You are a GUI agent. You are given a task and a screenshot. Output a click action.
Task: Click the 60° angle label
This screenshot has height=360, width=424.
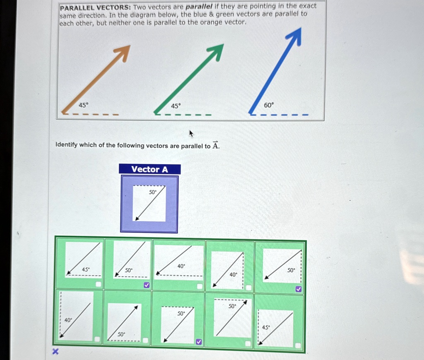[269, 105]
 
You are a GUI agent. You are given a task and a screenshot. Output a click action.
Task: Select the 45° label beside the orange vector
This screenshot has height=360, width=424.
[83, 105]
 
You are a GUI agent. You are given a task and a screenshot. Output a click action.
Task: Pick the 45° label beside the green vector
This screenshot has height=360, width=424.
[176, 106]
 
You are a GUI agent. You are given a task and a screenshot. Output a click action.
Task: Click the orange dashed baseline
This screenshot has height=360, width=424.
[90, 114]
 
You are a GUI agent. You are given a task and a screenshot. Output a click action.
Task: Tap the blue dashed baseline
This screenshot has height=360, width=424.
[279, 115]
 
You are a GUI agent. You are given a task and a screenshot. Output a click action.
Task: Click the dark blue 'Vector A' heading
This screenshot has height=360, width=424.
[149, 169]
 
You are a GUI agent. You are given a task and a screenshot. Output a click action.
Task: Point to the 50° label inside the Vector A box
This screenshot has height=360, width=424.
[153, 192]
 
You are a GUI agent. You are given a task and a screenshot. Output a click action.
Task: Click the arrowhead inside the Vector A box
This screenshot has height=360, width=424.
[137, 218]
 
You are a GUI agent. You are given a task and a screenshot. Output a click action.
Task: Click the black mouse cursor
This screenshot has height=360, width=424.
[191, 134]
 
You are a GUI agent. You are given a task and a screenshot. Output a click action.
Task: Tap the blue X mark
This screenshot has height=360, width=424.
[55, 351]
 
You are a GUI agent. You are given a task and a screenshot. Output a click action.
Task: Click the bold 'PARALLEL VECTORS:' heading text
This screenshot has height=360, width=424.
[96, 8]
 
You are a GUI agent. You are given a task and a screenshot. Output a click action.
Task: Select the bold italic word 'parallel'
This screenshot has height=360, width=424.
[199, 7]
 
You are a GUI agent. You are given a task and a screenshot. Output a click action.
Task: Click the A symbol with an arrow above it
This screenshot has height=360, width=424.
[215, 145]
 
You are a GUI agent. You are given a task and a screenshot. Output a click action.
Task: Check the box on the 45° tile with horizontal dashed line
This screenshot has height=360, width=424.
[99, 284]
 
